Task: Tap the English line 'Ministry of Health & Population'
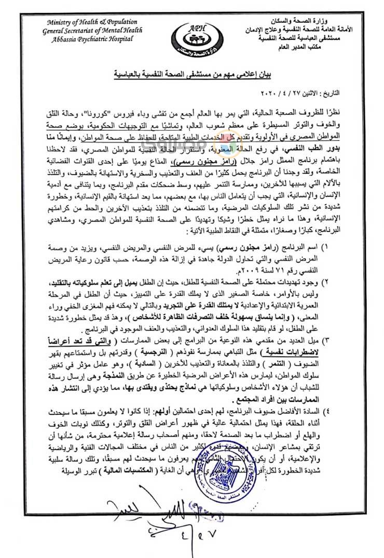[x=92, y=22]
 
